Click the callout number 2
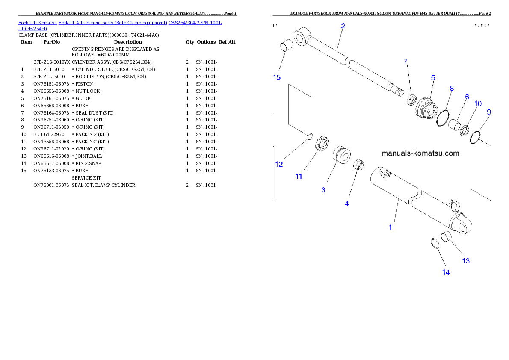tap(343, 26)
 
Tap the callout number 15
tap(277, 77)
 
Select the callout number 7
tap(405, 62)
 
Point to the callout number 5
tap(433, 77)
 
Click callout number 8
tap(451, 89)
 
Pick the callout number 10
tap(478, 103)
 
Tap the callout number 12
tap(279, 164)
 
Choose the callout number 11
tap(299, 176)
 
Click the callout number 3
tap(323, 190)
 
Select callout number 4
tap(346, 204)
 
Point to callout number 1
tap(390, 227)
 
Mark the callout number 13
tap(465, 261)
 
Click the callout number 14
tap(446, 272)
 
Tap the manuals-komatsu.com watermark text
tap(420, 153)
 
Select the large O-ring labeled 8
tap(443, 118)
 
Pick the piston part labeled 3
tap(342, 154)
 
